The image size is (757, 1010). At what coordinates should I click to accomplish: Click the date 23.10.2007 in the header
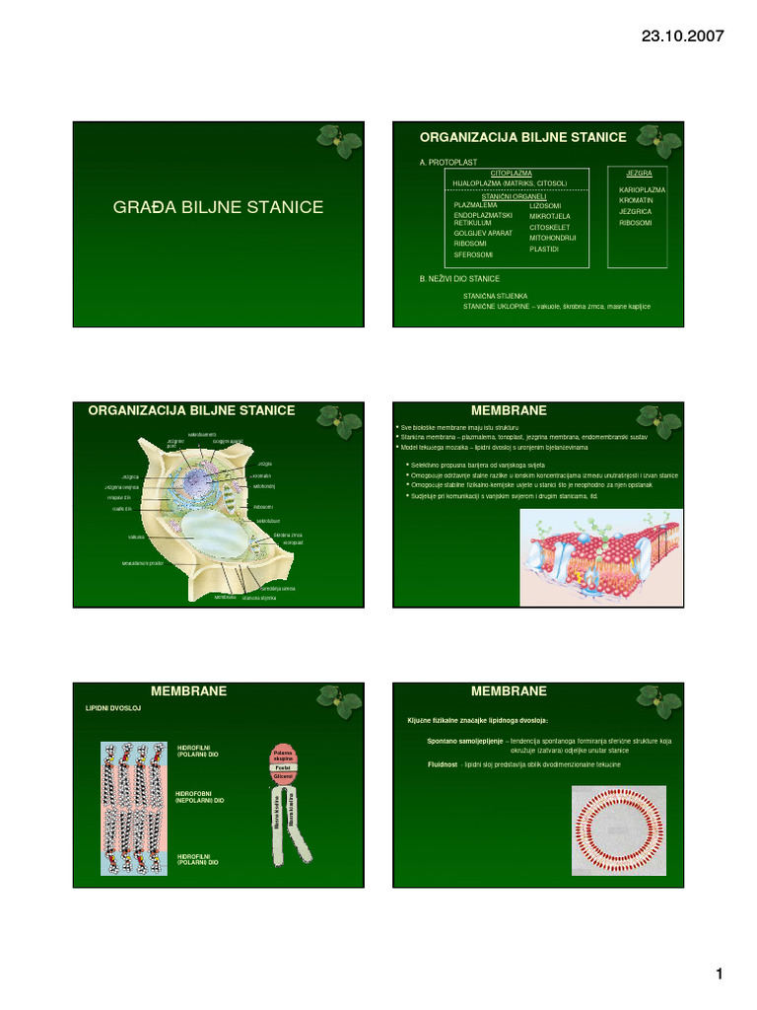(x=682, y=36)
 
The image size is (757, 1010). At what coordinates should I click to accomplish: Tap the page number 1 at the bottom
(x=720, y=974)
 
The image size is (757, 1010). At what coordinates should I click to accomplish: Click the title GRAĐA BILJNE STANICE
(x=220, y=207)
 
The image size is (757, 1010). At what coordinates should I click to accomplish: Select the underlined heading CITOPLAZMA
(x=511, y=173)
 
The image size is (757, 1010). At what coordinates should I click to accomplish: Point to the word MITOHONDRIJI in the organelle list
(x=553, y=238)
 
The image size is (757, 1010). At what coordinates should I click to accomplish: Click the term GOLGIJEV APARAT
(x=483, y=233)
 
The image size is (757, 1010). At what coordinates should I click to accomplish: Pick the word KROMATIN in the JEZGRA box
(x=637, y=200)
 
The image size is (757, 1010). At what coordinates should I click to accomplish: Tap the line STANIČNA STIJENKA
(x=496, y=295)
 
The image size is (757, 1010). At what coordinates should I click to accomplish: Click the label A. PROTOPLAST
(x=448, y=161)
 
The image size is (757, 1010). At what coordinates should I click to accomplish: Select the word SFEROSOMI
(x=473, y=254)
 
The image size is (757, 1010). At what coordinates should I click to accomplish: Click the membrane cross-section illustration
(x=600, y=557)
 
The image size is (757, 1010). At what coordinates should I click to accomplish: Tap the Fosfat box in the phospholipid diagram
(x=282, y=766)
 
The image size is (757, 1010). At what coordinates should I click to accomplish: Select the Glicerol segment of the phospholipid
(x=282, y=777)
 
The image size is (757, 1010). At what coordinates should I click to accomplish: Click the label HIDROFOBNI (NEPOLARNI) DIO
(x=200, y=797)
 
